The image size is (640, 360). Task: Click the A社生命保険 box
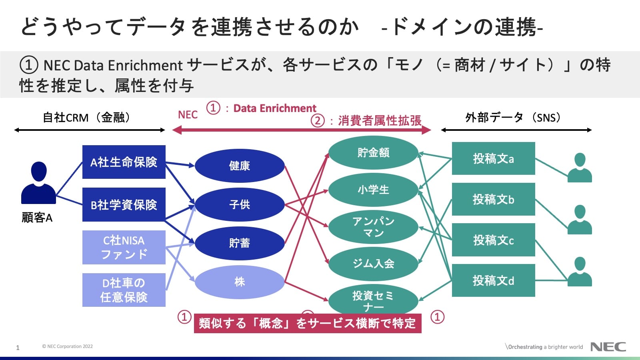point(124,162)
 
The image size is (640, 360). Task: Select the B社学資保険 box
point(124,204)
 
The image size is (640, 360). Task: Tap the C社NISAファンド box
point(124,247)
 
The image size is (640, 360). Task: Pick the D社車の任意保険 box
point(124,290)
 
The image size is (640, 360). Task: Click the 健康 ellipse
point(239,166)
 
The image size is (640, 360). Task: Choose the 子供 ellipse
point(239,204)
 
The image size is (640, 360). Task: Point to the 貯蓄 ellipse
point(239,243)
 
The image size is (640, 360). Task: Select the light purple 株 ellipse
point(239,282)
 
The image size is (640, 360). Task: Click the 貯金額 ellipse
point(373,152)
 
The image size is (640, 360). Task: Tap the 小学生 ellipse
point(373,190)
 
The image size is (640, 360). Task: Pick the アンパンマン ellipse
point(373,227)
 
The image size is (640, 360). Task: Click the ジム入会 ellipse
point(373,263)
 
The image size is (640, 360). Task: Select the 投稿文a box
point(493,158)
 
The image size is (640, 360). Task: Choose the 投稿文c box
point(493,240)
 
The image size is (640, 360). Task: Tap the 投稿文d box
point(493,280)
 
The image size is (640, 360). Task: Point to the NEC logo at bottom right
point(608,347)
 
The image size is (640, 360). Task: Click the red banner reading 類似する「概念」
point(307,323)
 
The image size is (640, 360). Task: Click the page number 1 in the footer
point(18,348)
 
